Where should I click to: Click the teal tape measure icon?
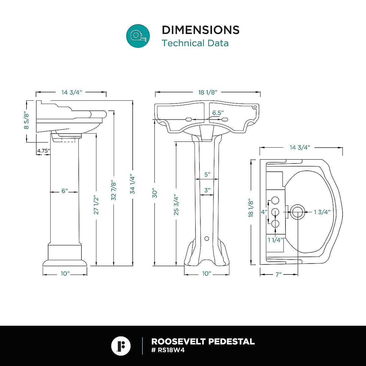pos(138,36)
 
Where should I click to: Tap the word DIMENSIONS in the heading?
pos(200,30)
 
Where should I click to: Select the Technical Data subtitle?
pos(195,43)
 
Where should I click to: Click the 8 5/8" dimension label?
pos(27,121)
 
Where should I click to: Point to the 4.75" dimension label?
pos(43,151)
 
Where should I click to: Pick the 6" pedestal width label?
pos(65,191)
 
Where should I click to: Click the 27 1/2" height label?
pos(96,205)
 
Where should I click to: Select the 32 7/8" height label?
pos(114,191)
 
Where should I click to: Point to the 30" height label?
pos(155,193)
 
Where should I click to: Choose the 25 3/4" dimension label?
pos(176,205)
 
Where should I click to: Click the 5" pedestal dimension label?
pos(207,174)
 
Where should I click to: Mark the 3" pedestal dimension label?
pos(207,190)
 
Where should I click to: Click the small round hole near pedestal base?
pos(206,238)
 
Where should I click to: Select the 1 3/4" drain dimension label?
pos(322,212)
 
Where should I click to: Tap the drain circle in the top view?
pos(297,212)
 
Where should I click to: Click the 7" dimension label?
pos(278,274)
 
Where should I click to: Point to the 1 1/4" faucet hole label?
pos(276,240)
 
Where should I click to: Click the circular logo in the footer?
pos(121,346)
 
